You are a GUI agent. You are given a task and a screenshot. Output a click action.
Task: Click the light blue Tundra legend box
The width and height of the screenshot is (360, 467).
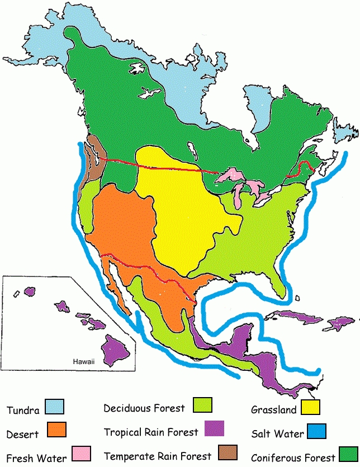(x=55, y=406)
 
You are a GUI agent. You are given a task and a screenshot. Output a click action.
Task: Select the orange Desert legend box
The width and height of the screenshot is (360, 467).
(x=58, y=430)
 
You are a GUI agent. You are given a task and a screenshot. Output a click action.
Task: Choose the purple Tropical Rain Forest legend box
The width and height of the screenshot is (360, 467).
(x=214, y=428)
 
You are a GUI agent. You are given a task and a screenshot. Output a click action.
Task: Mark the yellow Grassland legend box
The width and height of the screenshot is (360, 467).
(x=310, y=407)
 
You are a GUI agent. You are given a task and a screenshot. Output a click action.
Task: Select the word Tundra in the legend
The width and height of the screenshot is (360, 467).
(x=23, y=411)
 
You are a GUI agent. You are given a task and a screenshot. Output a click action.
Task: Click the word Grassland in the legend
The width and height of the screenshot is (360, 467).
(x=274, y=410)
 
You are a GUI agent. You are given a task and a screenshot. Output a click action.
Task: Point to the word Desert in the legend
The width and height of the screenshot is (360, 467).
(x=23, y=434)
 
